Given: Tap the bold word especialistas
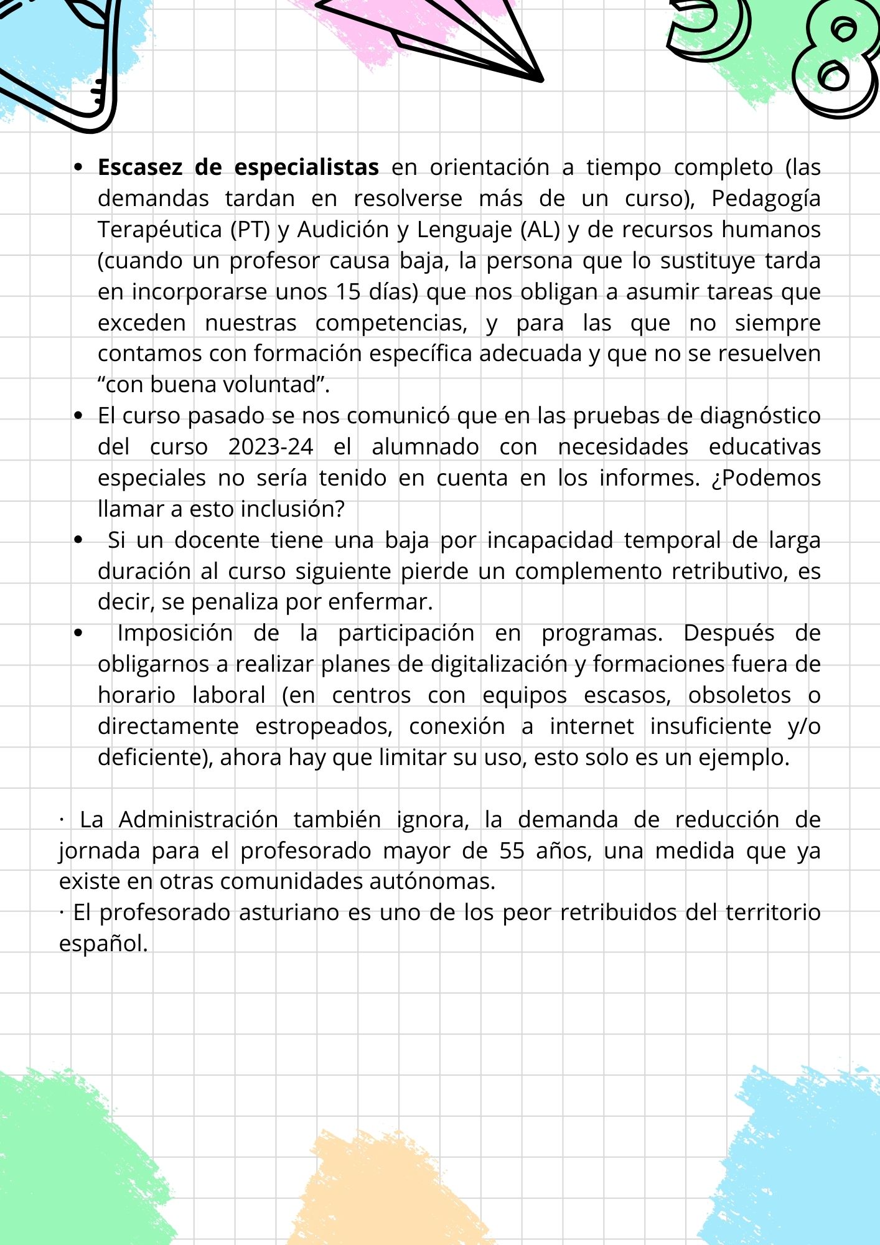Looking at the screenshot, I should [x=306, y=167].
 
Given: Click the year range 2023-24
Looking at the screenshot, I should [x=271, y=447].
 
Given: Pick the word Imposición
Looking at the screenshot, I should [x=175, y=633].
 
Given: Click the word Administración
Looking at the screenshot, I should [x=198, y=819].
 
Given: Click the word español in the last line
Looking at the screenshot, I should [x=103, y=944].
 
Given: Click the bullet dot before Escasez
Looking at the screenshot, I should [x=78, y=167].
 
